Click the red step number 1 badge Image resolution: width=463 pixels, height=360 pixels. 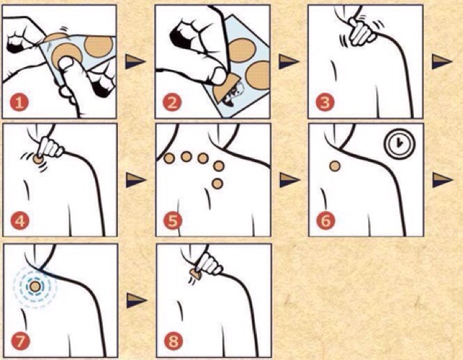(20, 103)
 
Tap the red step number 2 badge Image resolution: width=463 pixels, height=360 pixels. (172, 103)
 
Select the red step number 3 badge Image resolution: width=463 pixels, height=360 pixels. (325, 103)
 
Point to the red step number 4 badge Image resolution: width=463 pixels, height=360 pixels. (20, 220)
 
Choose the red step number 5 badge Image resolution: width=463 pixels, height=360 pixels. (173, 220)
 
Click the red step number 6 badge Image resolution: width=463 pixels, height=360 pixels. (326, 220)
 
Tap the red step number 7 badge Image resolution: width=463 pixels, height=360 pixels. (20, 341)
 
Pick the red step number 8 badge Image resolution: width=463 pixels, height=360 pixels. (174, 341)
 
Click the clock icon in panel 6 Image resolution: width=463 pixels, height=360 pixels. (399, 144)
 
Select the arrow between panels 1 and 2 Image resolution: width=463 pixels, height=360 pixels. (135, 61)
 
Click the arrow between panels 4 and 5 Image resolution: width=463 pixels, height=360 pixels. (136, 180)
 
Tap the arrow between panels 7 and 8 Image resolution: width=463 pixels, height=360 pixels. (137, 301)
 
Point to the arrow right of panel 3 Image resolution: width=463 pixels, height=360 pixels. (442, 61)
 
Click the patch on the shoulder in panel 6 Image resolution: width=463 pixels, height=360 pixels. (334, 166)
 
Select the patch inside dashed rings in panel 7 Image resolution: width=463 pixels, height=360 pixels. (35, 286)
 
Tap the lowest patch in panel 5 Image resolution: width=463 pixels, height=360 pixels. (217, 184)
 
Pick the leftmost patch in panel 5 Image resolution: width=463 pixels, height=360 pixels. (169, 159)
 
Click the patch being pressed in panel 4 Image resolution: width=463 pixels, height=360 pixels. (38, 159)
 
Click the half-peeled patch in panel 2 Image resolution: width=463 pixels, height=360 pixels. (224, 88)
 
